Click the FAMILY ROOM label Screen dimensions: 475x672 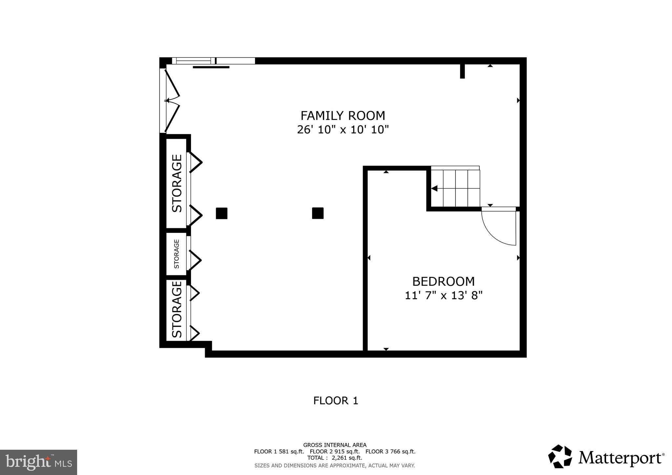click(x=343, y=116)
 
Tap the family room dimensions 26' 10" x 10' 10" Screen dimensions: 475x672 click(x=343, y=130)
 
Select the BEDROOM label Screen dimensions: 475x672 click(x=443, y=281)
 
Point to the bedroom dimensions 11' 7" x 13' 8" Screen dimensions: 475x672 click(x=443, y=296)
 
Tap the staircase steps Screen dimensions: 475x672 click(x=459, y=188)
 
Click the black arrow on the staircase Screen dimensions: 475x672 click(x=434, y=189)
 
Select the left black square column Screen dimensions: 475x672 click(x=221, y=213)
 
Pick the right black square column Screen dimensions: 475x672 click(x=318, y=213)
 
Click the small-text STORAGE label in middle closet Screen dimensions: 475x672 click(x=177, y=254)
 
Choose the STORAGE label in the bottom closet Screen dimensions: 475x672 click(x=177, y=309)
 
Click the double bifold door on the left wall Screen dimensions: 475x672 click(x=171, y=100)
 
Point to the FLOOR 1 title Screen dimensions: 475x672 click(x=335, y=401)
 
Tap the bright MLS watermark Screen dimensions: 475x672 click(x=38, y=462)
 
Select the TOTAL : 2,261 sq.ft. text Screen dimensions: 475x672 click(x=335, y=458)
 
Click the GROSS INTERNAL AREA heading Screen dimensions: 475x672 click(x=335, y=445)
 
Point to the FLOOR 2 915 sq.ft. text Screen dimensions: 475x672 click(x=335, y=451)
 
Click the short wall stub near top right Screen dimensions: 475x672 click(x=462, y=71)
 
